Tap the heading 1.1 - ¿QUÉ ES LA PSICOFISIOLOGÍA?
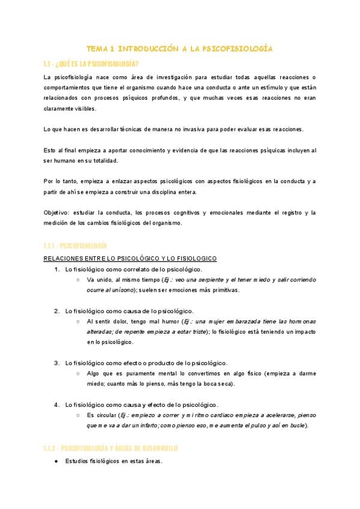point(91,63)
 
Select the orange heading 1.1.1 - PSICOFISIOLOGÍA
point(75,246)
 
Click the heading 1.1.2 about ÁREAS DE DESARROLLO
point(111,448)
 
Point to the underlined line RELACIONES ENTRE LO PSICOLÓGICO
point(130,258)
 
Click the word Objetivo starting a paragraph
point(56,212)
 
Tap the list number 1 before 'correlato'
point(56,269)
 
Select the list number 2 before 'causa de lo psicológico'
point(56,311)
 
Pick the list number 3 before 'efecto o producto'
point(56,363)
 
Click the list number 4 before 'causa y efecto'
point(56,405)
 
